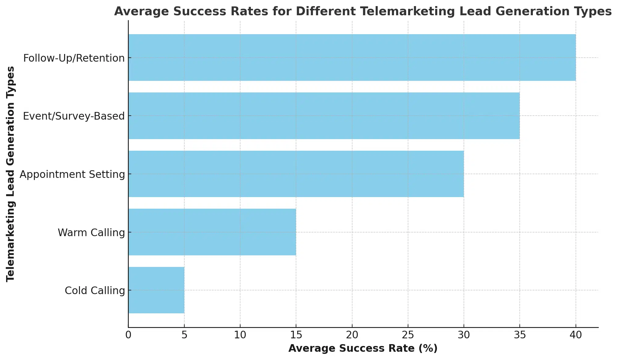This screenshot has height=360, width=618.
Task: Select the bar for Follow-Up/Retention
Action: point(352,57)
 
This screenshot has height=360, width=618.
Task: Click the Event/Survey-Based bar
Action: point(324,116)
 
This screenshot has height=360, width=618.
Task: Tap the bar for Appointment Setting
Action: point(296,174)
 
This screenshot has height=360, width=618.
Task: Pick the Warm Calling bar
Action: point(212,232)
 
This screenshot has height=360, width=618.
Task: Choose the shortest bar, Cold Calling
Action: point(156,290)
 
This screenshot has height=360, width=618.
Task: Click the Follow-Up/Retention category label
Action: point(74,58)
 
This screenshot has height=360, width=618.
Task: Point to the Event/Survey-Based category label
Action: point(74,116)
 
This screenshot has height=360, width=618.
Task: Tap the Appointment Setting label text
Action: point(72,175)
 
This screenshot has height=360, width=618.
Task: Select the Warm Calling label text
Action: point(91,233)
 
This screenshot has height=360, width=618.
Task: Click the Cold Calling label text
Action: point(95,291)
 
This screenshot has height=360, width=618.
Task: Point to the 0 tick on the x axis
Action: point(128,335)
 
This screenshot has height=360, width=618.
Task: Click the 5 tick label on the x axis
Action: point(184,335)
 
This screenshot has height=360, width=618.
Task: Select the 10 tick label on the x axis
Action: point(240,335)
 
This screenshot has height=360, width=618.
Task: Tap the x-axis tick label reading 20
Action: point(352,335)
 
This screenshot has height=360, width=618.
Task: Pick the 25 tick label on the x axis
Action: point(408,335)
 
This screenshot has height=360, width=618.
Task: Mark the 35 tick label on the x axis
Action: point(520,335)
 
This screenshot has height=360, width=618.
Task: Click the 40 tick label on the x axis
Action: point(576,335)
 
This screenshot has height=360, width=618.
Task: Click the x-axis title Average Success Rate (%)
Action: point(363,348)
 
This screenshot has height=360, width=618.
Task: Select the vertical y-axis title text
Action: point(11,174)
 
